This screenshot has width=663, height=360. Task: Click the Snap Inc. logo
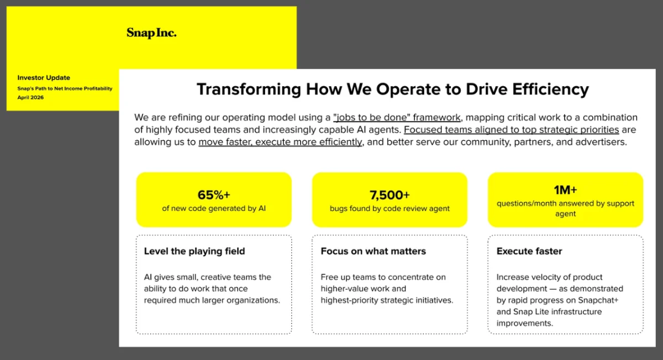(151, 33)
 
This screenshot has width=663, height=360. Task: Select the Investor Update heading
(44, 78)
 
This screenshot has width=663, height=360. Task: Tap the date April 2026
(30, 98)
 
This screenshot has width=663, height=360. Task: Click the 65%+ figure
(213, 195)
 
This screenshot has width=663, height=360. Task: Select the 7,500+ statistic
(390, 195)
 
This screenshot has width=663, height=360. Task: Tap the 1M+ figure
(565, 190)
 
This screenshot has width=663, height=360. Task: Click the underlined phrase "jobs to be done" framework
(397, 118)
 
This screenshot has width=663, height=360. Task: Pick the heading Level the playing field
(194, 251)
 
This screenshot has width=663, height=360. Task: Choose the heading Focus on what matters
(373, 251)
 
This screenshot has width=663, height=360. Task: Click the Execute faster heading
(529, 251)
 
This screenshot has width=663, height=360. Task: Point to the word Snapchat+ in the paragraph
(598, 300)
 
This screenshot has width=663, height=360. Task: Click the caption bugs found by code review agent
(390, 209)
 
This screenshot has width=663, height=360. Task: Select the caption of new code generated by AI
(213, 209)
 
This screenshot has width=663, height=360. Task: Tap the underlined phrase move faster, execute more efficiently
(281, 142)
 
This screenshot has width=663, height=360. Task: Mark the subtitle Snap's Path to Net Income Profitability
(65, 88)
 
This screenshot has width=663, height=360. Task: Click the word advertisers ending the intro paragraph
(601, 142)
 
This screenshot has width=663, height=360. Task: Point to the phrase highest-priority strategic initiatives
(387, 300)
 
